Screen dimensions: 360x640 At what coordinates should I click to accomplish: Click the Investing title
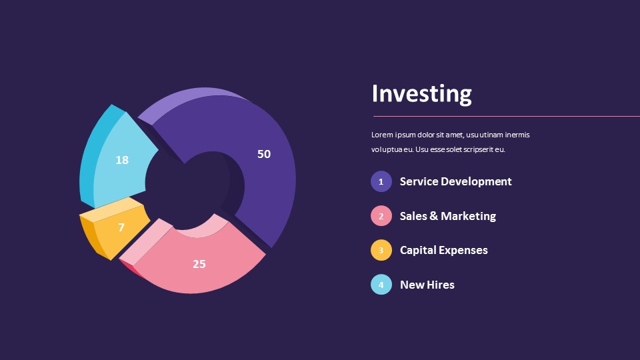point(421,93)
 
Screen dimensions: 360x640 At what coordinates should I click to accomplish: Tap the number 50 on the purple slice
point(264,154)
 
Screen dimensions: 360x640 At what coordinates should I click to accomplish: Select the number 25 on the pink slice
point(199,264)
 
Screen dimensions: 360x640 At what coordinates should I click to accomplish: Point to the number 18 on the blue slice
point(122,160)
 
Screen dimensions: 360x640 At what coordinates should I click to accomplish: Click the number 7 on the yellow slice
point(121,227)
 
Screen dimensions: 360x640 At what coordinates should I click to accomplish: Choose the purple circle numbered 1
point(381,181)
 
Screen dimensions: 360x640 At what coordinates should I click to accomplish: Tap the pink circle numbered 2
point(381,216)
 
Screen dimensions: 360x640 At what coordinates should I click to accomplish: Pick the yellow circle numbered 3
point(381,250)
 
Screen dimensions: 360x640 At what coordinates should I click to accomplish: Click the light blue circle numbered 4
point(381,285)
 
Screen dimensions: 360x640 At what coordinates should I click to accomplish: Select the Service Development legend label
point(455,181)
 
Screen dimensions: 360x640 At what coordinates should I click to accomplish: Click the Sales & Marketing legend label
point(447,216)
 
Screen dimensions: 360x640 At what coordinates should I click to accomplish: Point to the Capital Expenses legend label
point(443,250)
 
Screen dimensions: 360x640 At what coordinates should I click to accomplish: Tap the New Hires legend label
point(427,285)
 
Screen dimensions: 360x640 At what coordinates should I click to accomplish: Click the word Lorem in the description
point(381,135)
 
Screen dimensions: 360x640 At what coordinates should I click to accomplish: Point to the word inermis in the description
point(517,135)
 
